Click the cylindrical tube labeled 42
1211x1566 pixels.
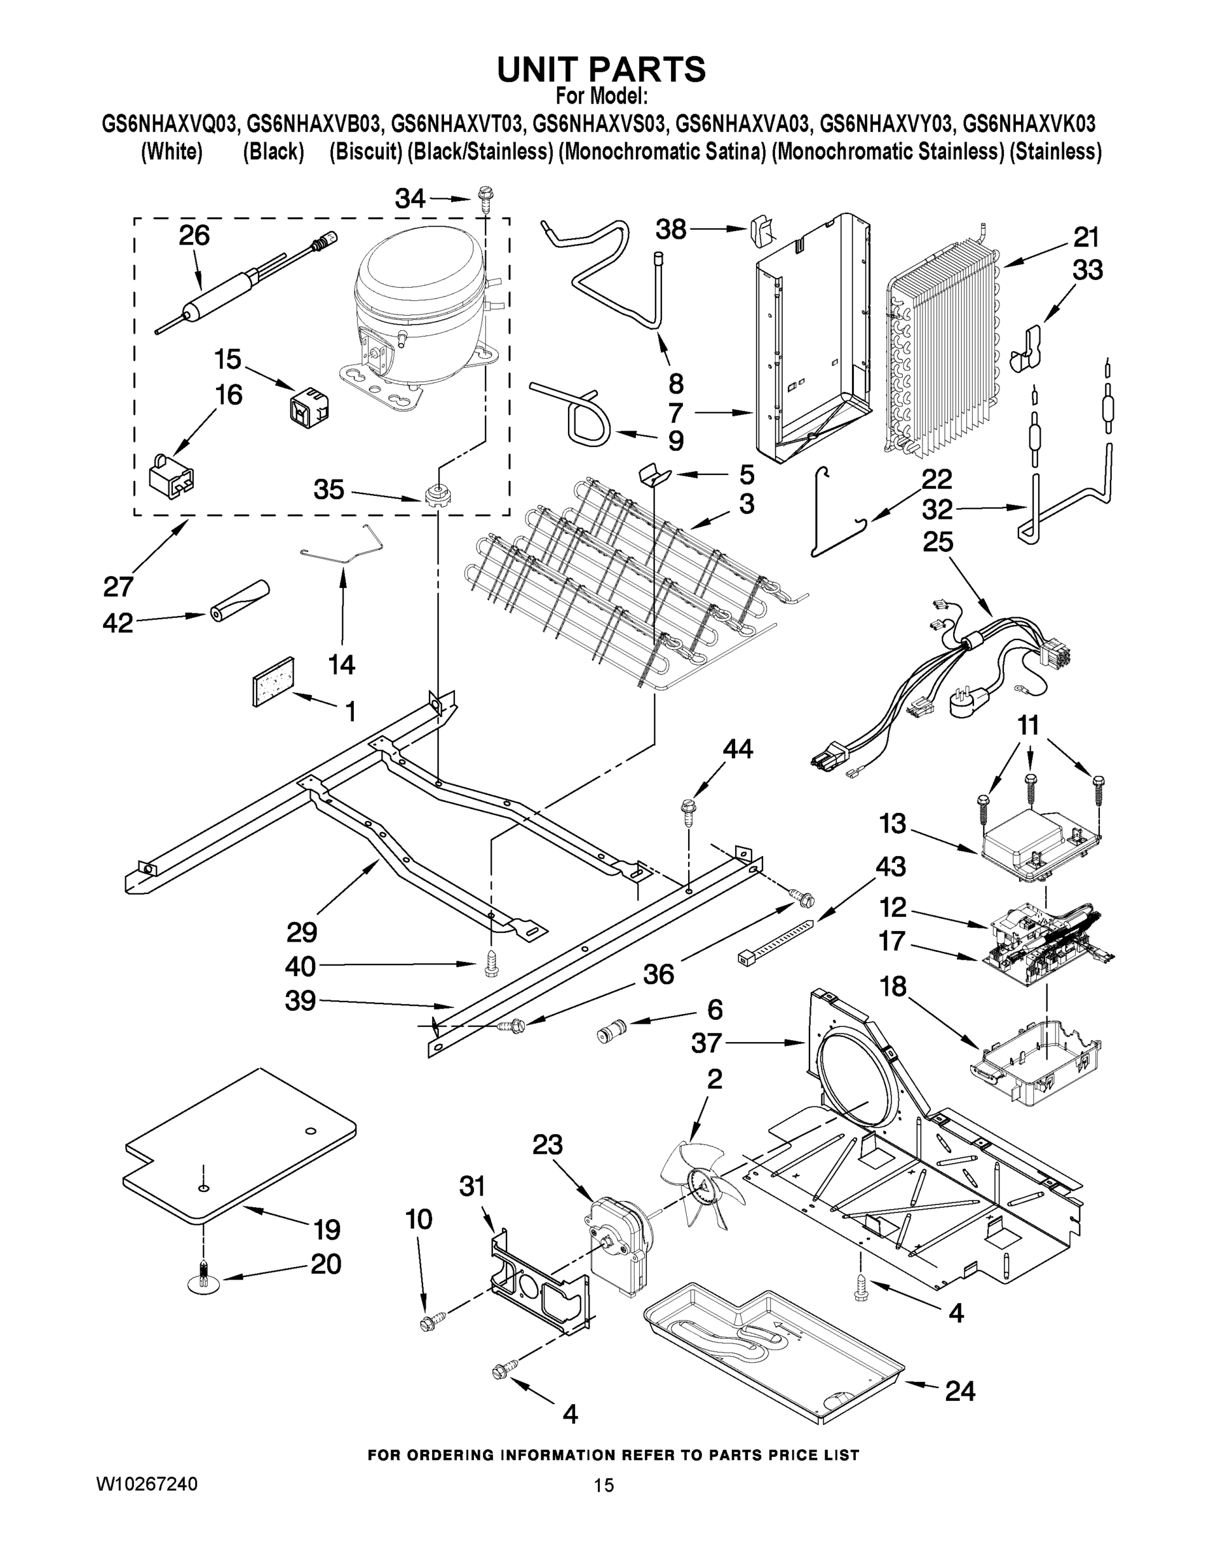click(x=239, y=600)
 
